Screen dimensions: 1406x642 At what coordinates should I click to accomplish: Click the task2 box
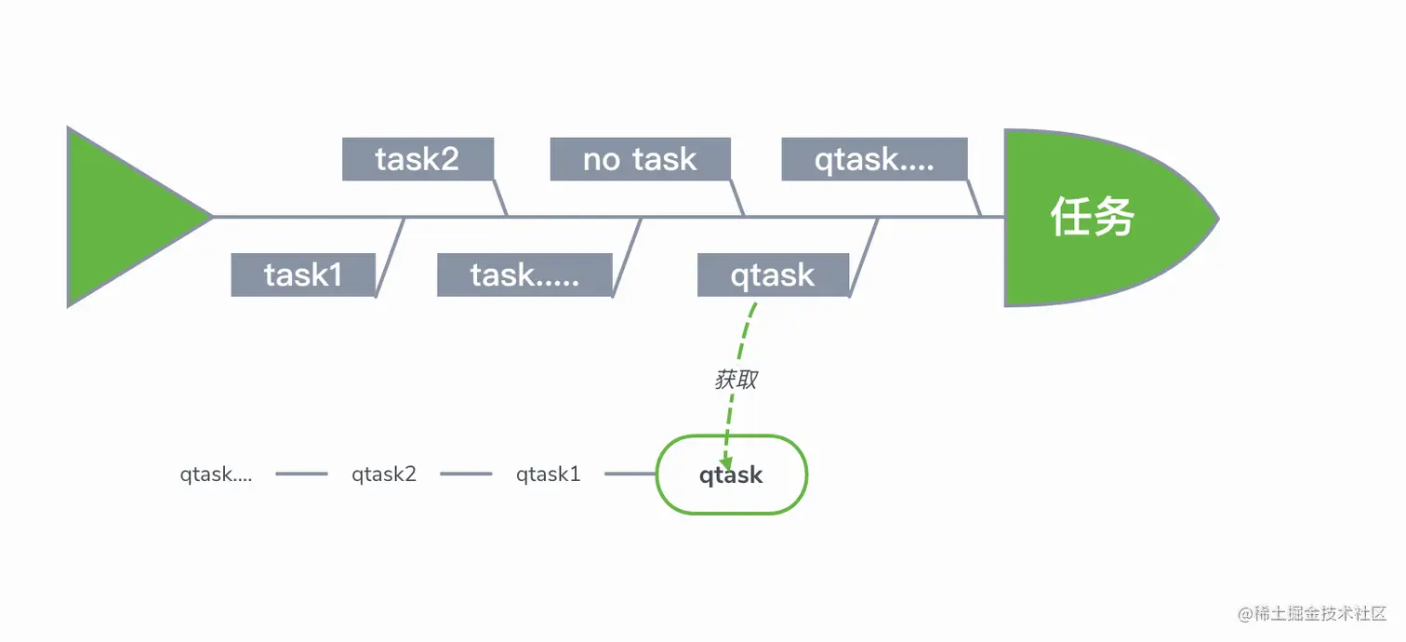coord(418,159)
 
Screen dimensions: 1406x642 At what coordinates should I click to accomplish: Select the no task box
coord(640,159)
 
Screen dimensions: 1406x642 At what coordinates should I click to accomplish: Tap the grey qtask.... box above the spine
coord(874,159)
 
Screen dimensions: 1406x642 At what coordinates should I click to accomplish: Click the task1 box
coord(303,275)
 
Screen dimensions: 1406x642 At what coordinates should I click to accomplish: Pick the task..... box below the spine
coord(524,275)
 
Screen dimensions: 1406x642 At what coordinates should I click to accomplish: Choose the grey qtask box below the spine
coord(774,275)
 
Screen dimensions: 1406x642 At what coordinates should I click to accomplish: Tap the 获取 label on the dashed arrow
coord(736,380)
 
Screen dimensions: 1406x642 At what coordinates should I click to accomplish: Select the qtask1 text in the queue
coord(548,475)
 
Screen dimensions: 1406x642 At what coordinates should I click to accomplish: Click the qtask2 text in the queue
coord(383,475)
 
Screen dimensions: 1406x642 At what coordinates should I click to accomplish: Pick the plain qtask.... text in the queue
coord(216,475)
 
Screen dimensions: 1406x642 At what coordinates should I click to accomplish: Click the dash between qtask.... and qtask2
coord(302,474)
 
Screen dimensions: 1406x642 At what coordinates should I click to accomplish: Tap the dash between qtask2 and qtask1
coord(467,474)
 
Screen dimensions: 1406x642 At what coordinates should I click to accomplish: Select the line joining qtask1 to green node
coord(630,474)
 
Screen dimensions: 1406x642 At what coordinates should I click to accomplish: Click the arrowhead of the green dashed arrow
coord(725,462)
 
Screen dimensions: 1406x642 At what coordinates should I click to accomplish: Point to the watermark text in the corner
coord(1312,613)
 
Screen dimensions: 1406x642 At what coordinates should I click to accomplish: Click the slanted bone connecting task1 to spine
coord(390,257)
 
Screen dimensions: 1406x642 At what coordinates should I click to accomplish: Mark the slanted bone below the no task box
coord(737,198)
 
